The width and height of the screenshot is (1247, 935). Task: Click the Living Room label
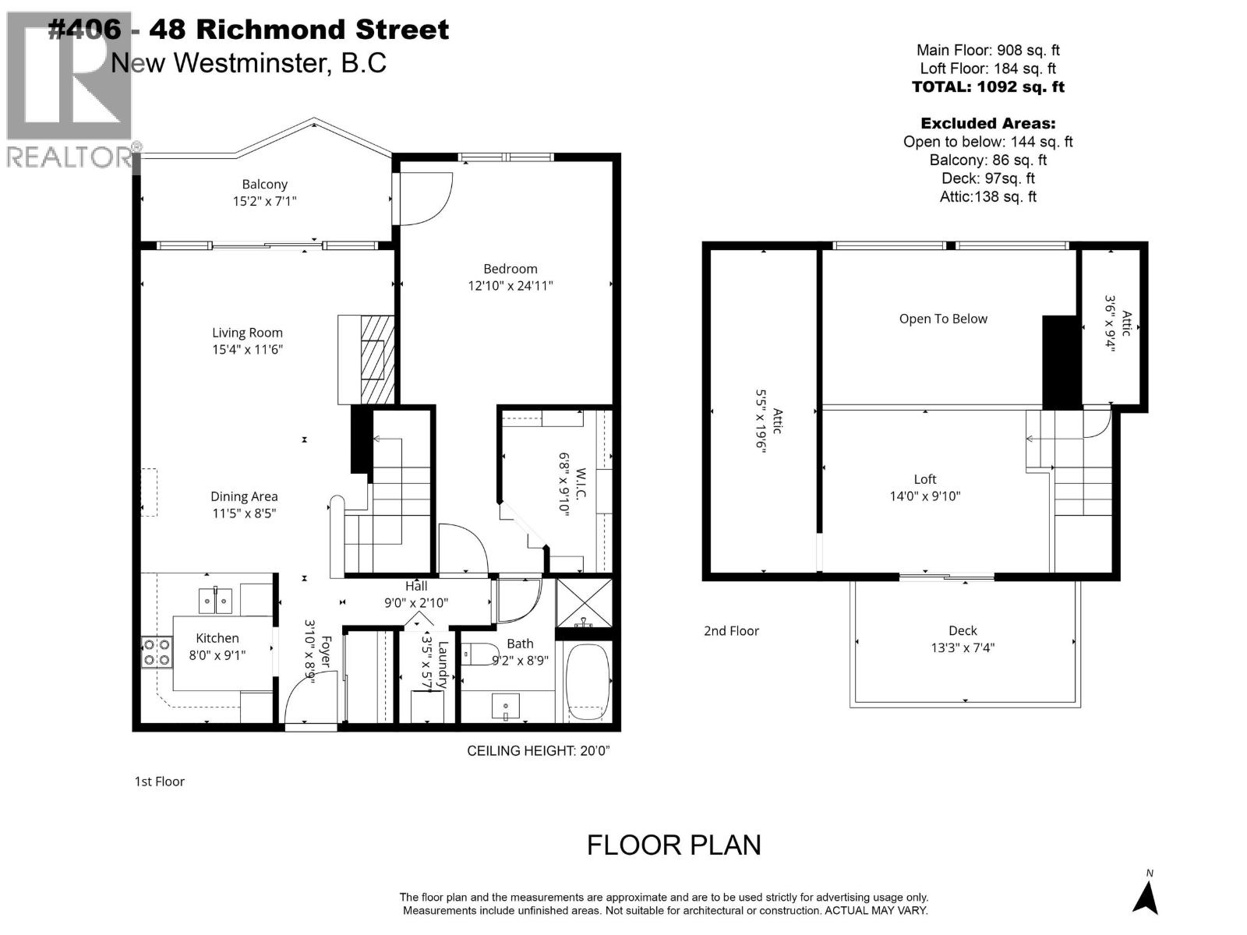coord(247,333)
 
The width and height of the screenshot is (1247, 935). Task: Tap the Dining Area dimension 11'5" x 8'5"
coord(244,513)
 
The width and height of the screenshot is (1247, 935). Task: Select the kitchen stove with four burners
coord(156,652)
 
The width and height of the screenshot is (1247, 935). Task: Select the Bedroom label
coord(510,269)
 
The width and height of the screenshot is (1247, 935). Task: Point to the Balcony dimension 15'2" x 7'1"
coord(264,201)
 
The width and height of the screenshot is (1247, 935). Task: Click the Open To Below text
coord(943,319)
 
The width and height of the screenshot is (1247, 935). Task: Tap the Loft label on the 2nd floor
coord(925,479)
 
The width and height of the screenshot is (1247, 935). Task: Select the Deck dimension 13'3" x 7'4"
coord(963,647)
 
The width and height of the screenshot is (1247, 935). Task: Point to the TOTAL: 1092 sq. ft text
coord(987,86)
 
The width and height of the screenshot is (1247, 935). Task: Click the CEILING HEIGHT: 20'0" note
coord(538,751)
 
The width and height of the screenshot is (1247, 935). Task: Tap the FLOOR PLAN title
coord(673,845)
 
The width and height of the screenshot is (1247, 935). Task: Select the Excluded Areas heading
coord(987,123)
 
